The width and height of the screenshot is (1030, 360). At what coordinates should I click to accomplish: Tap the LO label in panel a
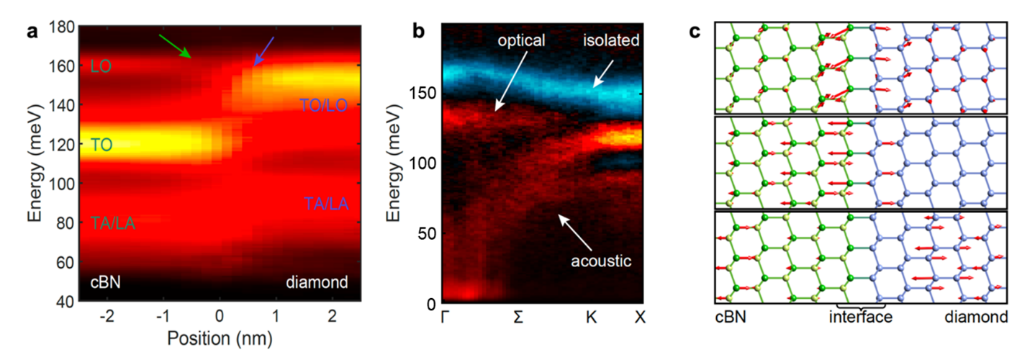(x=100, y=67)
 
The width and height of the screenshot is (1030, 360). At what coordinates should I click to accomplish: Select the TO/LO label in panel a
(x=323, y=105)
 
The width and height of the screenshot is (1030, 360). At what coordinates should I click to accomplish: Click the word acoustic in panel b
(x=601, y=261)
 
